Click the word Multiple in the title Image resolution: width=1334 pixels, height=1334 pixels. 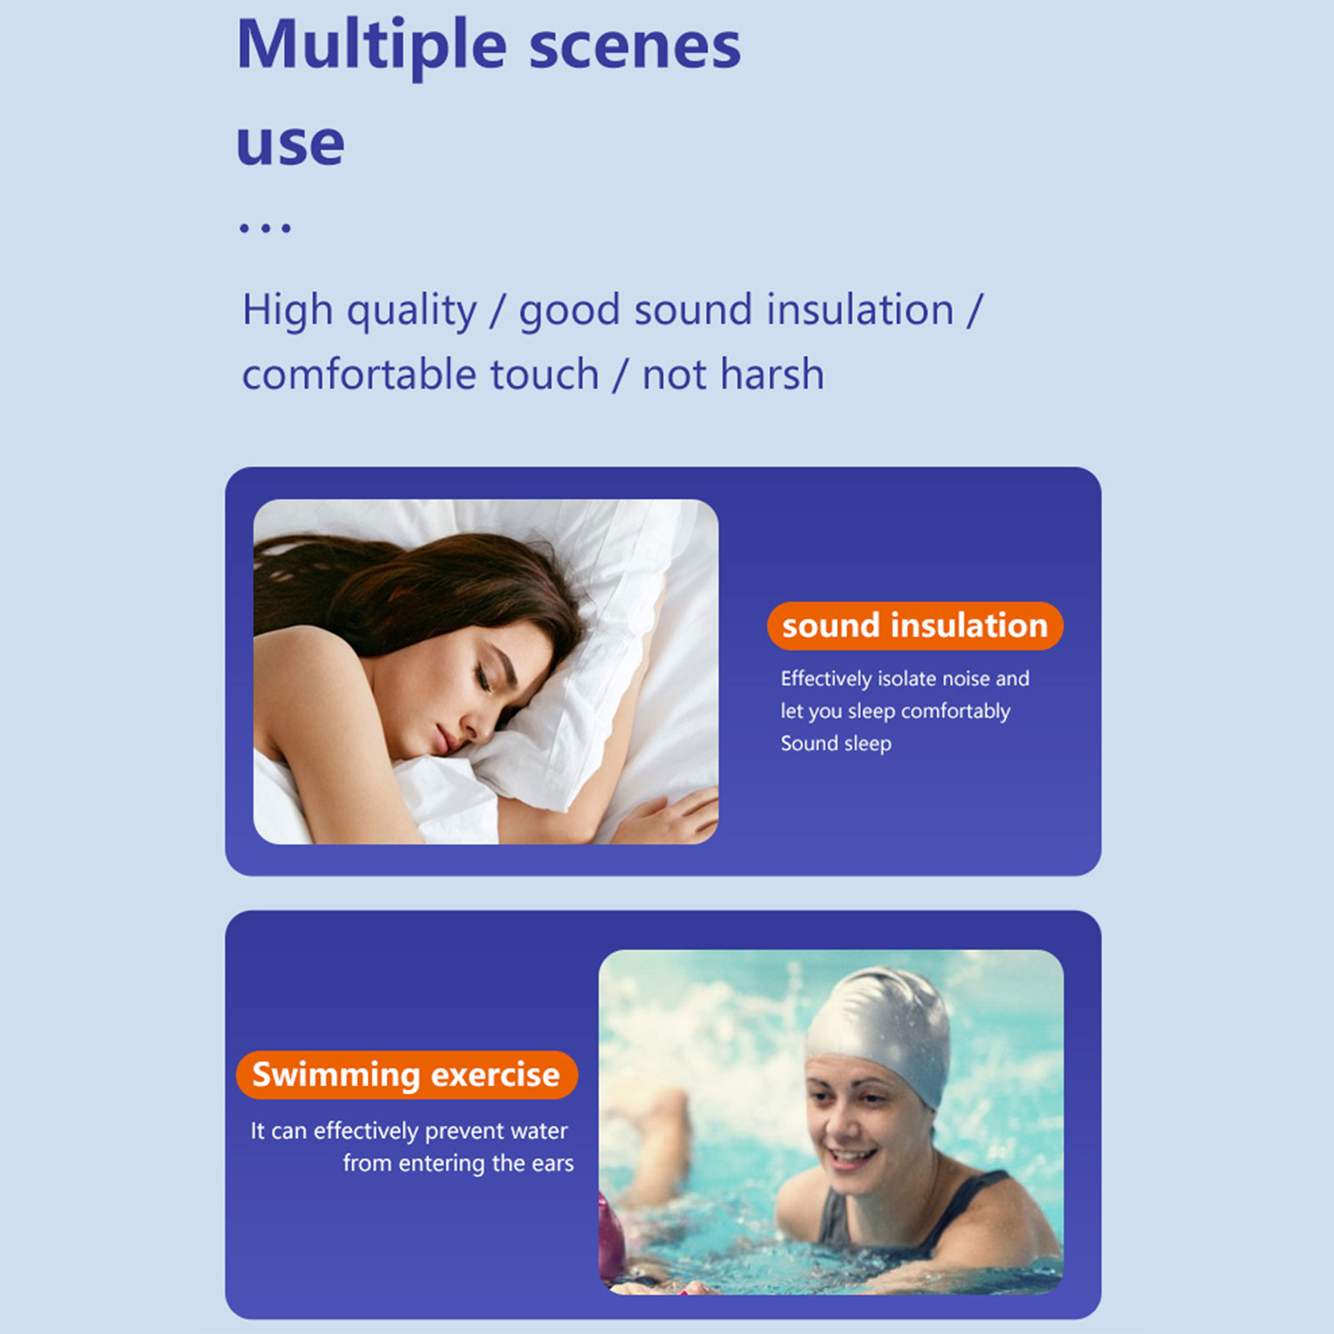372,47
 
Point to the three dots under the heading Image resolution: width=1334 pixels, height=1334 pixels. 265,228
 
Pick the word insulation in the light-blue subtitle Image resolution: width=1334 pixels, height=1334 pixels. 860,309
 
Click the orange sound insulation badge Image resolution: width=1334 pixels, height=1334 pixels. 915,625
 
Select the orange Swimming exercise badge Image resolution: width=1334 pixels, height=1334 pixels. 406,1075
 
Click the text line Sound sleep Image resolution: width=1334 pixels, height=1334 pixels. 835,743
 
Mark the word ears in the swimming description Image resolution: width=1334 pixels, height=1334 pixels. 553,1164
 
